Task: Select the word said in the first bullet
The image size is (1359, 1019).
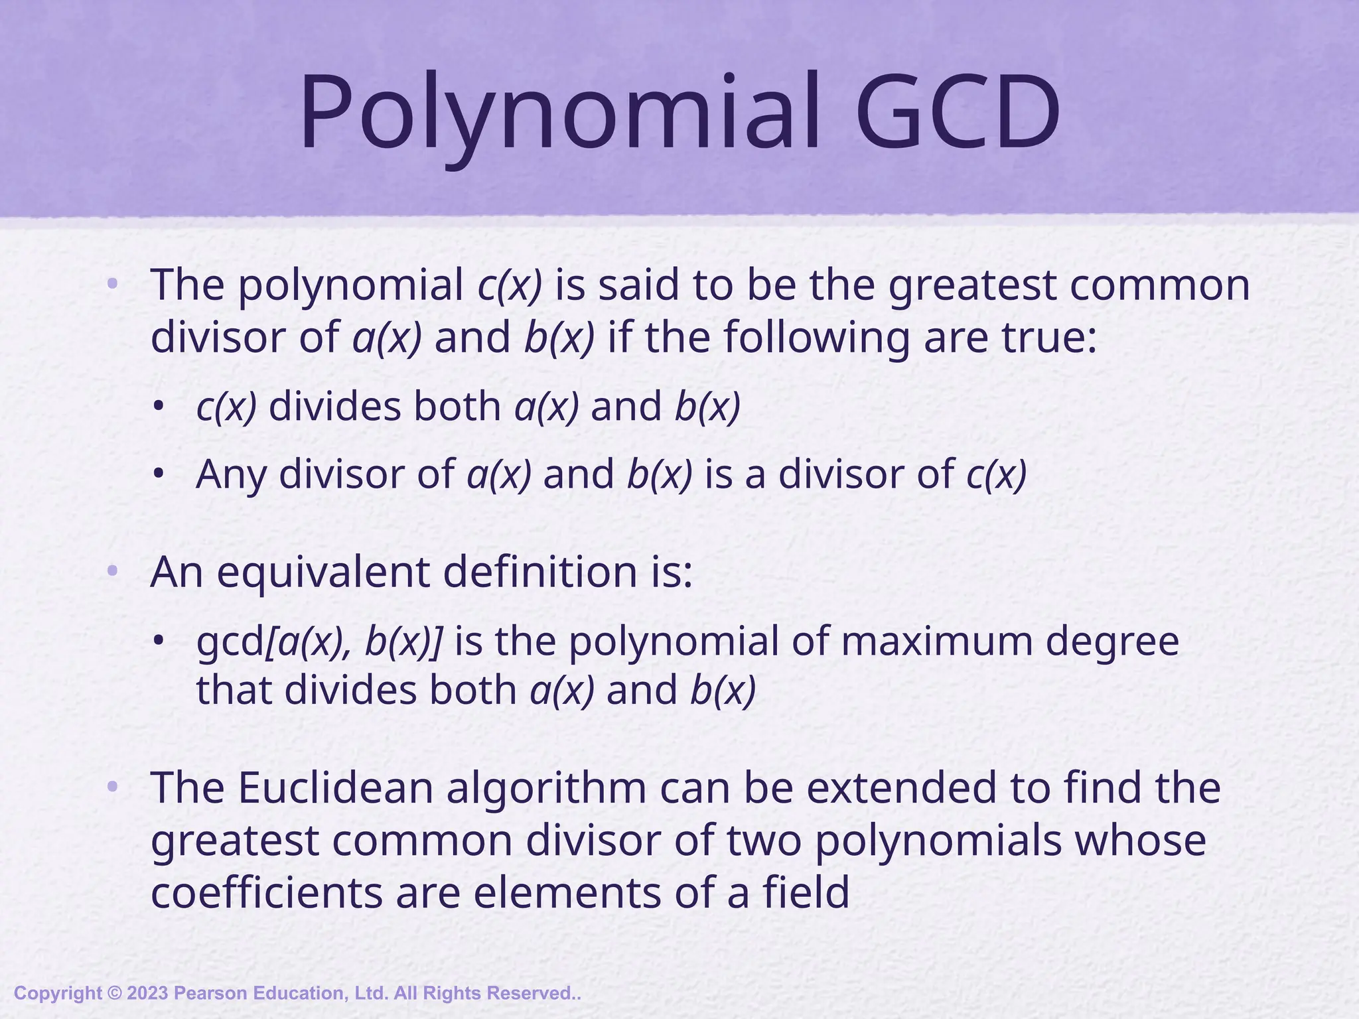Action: [638, 285]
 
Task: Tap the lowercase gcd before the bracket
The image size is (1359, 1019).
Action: [230, 642]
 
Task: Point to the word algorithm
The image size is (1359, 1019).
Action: [545, 789]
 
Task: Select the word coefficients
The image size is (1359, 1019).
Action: [267, 892]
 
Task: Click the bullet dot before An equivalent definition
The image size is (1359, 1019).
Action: [112, 571]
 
